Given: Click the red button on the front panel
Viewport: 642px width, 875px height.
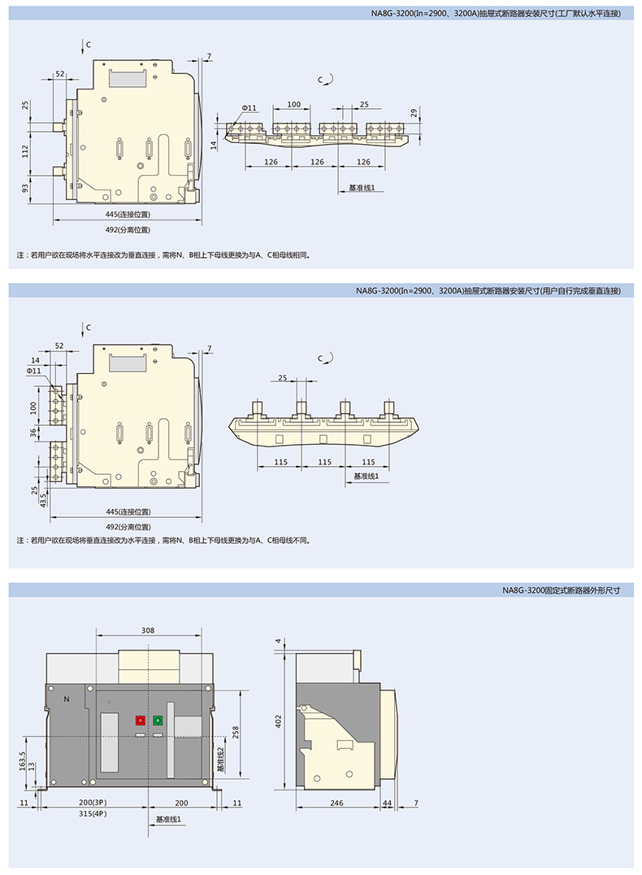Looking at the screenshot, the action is [x=141, y=720].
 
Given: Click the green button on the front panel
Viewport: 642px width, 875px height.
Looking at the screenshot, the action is [x=158, y=720].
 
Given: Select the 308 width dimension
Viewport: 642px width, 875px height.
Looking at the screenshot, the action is [x=148, y=630].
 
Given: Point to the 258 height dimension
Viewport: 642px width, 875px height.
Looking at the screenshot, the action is [x=236, y=733].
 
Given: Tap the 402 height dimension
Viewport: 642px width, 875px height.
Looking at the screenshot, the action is [x=278, y=721].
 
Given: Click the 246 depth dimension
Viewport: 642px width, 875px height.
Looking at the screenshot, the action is [x=336, y=803].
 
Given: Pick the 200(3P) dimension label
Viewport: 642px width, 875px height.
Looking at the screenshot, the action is [x=93, y=803].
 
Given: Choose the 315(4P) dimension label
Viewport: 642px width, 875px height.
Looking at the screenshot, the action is [x=93, y=814].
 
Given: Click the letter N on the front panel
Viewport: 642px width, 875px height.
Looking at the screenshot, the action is [x=67, y=699].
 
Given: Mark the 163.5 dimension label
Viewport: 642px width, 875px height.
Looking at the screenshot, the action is [x=22, y=761].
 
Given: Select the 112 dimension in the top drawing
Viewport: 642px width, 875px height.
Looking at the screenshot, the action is [x=25, y=151].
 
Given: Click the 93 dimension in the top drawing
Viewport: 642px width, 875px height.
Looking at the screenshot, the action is [x=25, y=189].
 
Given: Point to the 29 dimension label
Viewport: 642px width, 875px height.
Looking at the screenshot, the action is [x=414, y=113].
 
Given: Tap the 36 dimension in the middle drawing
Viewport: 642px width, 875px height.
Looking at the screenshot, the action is [x=33, y=432].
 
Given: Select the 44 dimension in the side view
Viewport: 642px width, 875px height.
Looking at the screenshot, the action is [x=387, y=803].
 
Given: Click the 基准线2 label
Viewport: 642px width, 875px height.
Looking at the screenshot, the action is [x=220, y=760].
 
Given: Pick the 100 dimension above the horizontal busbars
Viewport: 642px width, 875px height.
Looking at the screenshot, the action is [x=294, y=104].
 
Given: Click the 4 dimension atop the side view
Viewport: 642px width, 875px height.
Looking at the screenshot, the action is [x=278, y=641].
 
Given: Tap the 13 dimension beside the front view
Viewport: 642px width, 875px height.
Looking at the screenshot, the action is [x=32, y=767].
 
